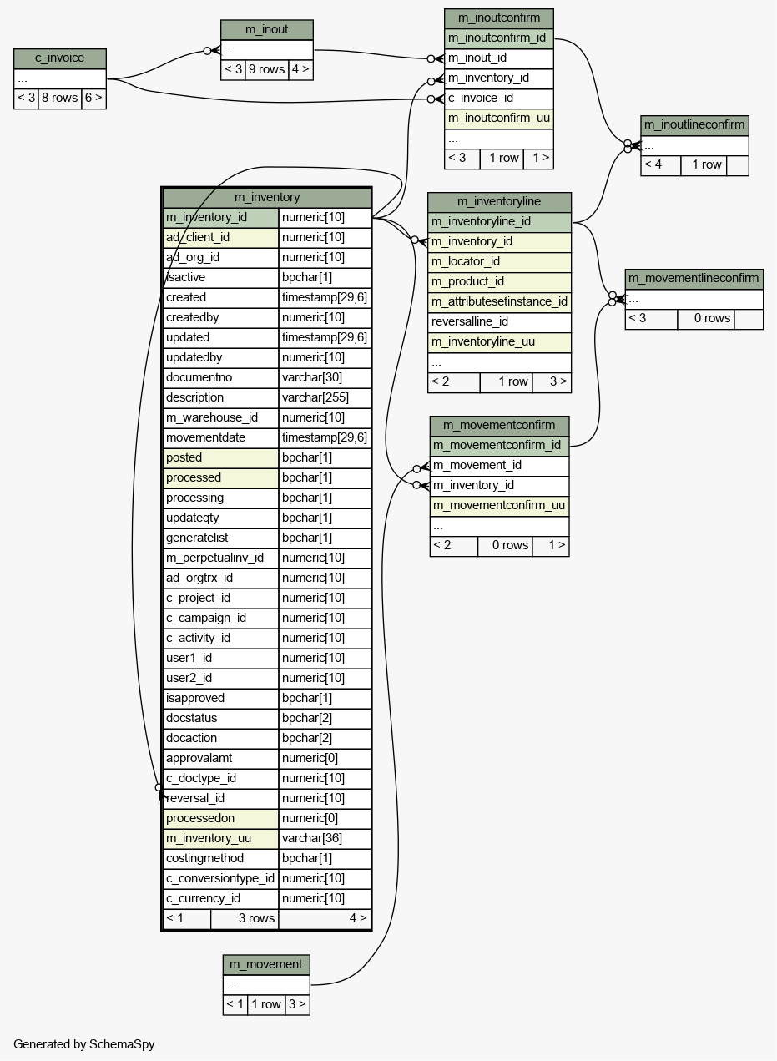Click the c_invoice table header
tap(60, 58)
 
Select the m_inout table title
tap(267, 30)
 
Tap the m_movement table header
tap(266, 964)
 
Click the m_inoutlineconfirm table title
tap(694, 125)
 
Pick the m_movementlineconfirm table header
tap(694, 279)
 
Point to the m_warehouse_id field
tap(212, 417)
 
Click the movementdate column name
tap(205, 437)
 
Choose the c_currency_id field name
tap(203, 898)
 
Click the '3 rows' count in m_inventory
tap(256, 918)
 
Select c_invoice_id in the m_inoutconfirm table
tap(481, 99)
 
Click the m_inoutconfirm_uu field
tap(498, 119)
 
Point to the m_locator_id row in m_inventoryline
tap(466, 262)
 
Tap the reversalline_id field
tap(470, 322)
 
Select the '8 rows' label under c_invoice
tap(59, 99)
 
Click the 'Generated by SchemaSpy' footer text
tap(83, 1044)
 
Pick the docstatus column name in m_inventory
tap(191, 718)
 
